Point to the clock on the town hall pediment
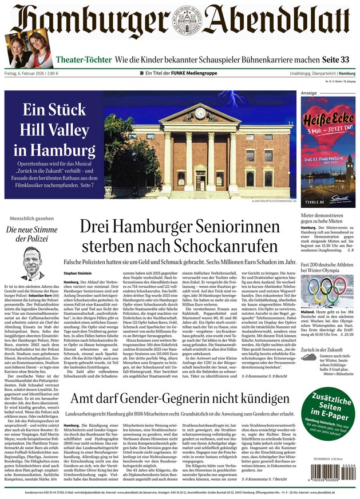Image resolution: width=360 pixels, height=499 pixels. [200, 113]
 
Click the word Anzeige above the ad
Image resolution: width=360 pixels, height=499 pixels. [309, 93]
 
